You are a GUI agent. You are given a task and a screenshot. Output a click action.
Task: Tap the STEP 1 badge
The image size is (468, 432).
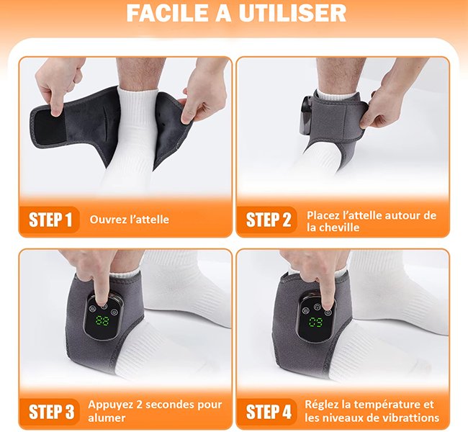pyautogui.click(x=50, y=220)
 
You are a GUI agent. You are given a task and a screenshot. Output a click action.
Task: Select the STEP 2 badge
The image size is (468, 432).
pyautogui.click(x=268, y=220)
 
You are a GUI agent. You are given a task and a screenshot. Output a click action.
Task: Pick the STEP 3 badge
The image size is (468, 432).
pyautogui.click(x=50, y=412)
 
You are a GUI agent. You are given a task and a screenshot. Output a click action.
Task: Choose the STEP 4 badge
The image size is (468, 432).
pyautogui.click(x=268, y=412)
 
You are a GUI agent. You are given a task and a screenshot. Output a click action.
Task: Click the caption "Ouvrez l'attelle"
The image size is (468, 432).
pyautogui.click(x=129, y=220)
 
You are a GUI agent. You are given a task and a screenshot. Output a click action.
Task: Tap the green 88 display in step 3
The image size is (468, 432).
pyautogui.click(x=102, y=321)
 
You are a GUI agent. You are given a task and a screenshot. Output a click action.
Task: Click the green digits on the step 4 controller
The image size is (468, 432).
pyautogui.click(x=316, y=322)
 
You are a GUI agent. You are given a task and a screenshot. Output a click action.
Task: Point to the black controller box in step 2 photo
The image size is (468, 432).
pyautogui.click(x=305, y=114)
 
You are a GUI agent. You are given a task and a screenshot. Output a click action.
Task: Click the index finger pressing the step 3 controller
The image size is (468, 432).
pyautogui.click(x=100, y=287)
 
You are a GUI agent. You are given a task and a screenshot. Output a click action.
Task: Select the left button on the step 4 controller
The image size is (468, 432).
pyautogui.click(x=305, y=310)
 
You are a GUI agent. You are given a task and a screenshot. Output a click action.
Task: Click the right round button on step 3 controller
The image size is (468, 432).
pyautogui.click(x=114, y=312)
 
